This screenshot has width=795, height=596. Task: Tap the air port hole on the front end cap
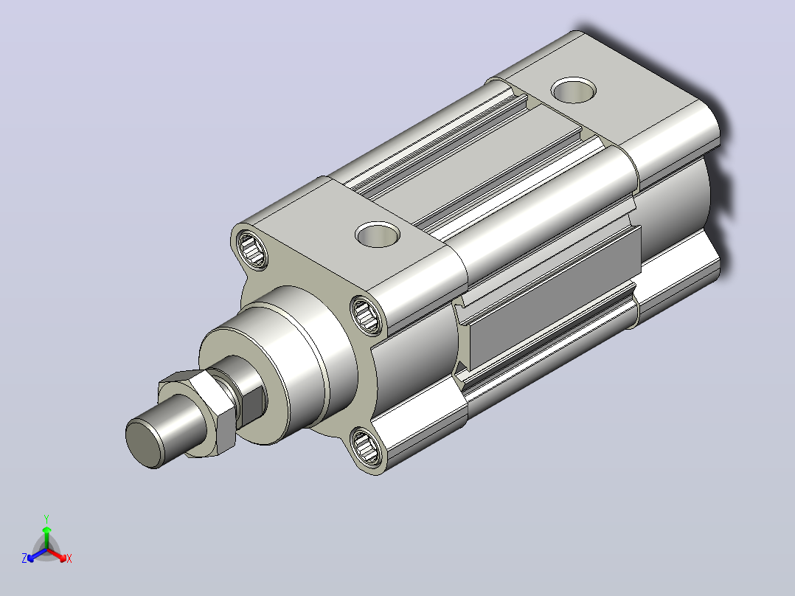(378, 235)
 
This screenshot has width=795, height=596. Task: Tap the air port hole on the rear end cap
(574, 90)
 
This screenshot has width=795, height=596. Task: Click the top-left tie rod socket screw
(252, 249)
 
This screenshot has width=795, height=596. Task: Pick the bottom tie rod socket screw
(365, 446)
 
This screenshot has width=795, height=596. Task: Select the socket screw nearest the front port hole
(366, 314)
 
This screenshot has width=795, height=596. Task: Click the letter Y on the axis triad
(46, 519)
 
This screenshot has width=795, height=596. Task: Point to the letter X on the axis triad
(69, 558)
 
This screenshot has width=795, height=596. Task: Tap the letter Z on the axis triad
(24, 558)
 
